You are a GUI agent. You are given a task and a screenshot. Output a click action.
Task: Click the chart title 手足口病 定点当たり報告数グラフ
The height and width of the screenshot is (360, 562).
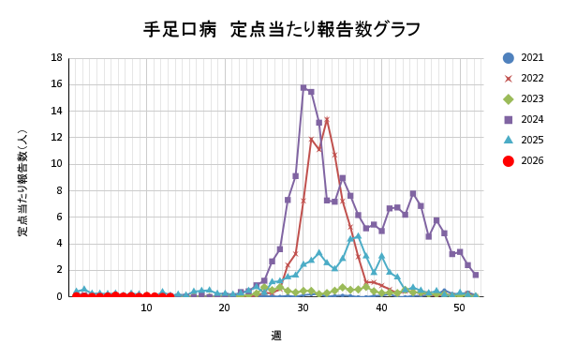(282, 29)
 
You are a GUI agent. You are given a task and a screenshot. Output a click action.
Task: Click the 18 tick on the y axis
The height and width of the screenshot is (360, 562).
(57, 58)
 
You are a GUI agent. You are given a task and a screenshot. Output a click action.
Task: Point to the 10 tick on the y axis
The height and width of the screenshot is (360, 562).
(57, 164)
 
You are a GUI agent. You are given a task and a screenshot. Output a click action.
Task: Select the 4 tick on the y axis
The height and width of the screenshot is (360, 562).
(60, 244)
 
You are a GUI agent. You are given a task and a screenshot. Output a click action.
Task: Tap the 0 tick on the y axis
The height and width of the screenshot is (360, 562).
(60, 296)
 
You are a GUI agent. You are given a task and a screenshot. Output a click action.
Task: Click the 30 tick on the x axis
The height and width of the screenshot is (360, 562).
(303, 307)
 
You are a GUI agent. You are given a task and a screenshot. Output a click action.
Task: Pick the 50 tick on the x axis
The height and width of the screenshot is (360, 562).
(459, 307)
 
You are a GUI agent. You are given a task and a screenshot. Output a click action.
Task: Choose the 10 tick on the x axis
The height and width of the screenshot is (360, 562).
(146, 307)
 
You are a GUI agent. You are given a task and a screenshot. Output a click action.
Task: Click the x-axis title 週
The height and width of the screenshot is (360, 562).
(276, 335)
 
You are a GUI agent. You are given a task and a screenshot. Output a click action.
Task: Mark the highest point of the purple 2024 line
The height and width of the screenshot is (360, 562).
(303, 88)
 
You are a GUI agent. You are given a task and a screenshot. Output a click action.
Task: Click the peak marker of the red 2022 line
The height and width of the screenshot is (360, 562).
(327, 120)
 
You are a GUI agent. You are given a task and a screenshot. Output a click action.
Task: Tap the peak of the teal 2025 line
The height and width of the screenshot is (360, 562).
(358, 236)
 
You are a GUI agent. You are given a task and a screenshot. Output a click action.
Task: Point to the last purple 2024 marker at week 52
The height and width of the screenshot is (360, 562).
(475, 275)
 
